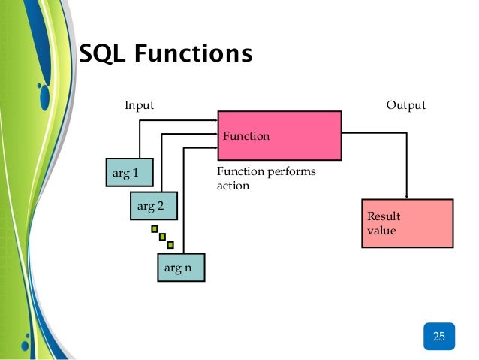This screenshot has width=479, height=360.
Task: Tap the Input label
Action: (x=139, y=105)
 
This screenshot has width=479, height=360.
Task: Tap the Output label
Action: (x=405, y=105)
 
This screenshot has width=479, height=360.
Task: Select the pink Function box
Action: (x=279, y=135)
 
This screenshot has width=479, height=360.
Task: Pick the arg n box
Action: (x=179, y=268)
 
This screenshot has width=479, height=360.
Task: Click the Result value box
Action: (x=407, y=223)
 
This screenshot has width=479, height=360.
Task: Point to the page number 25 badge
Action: (x=438, y=336)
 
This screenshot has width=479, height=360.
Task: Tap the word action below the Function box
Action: (x=233, y=186)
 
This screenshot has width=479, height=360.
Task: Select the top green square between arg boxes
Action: (x=154, y=228)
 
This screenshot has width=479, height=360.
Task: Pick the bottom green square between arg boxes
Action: (x=170, y=244)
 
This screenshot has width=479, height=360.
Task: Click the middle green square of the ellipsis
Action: (x=162, y=237)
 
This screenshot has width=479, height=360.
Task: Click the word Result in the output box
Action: (x=384, y=216)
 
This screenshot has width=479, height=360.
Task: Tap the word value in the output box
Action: (x=381, y=231)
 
